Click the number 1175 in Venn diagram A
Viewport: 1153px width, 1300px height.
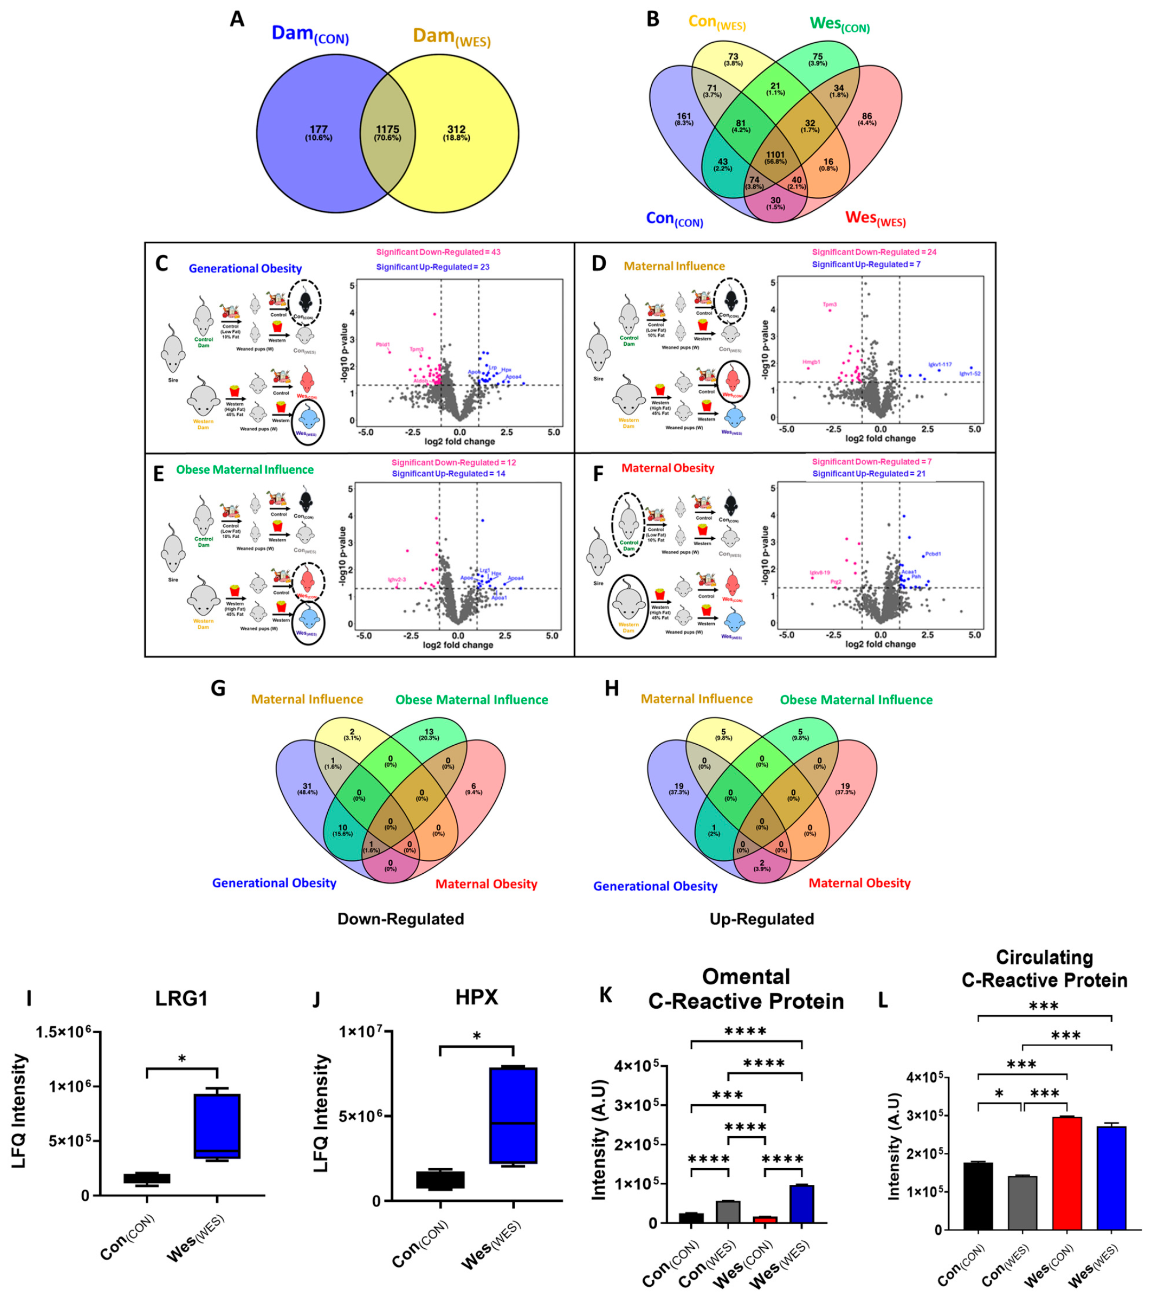coord(387,129)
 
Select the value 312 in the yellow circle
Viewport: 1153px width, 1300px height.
coord(456,129)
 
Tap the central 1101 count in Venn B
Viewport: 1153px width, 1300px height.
coord(775,155)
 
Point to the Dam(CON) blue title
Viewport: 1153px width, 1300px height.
coord(310,34)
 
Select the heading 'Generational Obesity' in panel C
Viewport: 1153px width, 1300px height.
coord(245,268)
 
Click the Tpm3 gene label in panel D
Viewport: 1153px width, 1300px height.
coord(829,305)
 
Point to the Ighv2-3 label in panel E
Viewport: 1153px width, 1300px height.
coord(397,579)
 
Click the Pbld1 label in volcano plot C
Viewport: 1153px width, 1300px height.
coord(382,344)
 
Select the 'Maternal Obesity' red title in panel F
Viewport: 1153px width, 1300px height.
coord(667,468)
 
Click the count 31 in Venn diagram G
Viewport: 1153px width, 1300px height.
coord(307,786)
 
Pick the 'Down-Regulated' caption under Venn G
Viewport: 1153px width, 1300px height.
coord(400,919)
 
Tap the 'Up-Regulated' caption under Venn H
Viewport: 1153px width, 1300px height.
coord(762,919)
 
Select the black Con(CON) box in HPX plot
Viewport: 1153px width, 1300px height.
coord(440,1179)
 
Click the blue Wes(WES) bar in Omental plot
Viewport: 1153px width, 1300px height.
coord(802,1203)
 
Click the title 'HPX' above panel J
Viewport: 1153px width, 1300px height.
coord(477,997)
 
